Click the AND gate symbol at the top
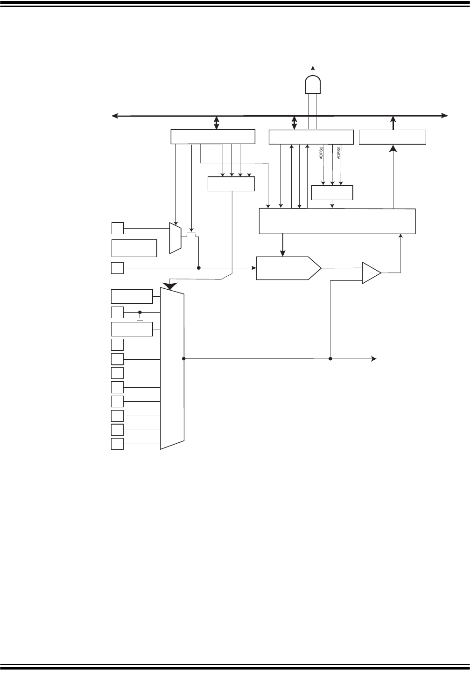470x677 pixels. click(312, 84)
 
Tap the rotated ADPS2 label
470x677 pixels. click(322, 154)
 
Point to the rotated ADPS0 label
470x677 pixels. click(339, 154)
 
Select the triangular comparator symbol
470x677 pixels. click(372, 272)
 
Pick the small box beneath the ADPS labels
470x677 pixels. click(332, 193)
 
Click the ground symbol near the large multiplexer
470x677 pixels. click(140, 318)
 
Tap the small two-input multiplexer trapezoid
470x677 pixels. click(175, 238)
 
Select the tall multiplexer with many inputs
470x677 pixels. click(172, 369)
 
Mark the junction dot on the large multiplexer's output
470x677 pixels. click(184, 359)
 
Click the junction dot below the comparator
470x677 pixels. click(330, 359)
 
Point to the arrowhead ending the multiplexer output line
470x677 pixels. click(374, 359)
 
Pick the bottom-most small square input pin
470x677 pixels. click(118, 444)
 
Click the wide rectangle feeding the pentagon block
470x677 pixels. click(337, 221)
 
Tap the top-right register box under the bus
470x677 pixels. click(393, 137)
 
